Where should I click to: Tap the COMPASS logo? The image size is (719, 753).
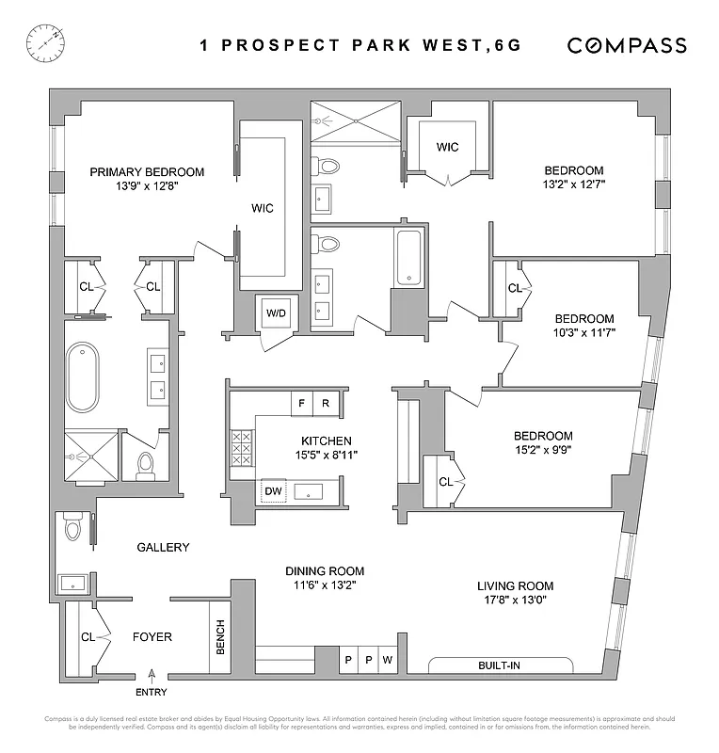coord(626,45)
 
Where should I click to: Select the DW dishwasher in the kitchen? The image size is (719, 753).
coord(273,490)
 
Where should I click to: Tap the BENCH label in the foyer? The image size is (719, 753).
coord(220,638)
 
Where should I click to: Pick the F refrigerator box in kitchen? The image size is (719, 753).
coord(301,402)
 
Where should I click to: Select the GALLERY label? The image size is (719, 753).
coord(163,547)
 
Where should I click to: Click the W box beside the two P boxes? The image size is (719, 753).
coord(387,660)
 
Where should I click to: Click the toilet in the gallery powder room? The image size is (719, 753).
coord(73,531)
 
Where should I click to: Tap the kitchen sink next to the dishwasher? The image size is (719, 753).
coord(310,491)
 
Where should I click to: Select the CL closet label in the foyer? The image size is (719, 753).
coord(88,637)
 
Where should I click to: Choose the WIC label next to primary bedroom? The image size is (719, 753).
coord(263,208)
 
